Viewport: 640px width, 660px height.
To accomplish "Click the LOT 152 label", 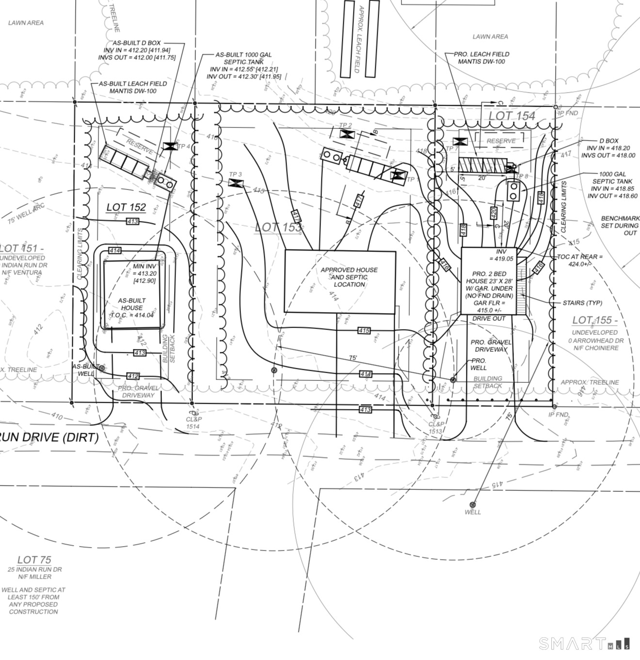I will (126, 207).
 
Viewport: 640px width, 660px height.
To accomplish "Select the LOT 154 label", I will (512, 116).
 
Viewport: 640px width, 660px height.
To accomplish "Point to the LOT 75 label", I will (34, 560).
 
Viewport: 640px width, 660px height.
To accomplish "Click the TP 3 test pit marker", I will (236, 183).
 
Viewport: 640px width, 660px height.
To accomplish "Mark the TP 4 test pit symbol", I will (170, 146).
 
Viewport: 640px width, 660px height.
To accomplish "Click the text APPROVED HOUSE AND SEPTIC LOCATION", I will (349, 277).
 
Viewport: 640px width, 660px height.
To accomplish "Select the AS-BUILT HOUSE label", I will (132, 304).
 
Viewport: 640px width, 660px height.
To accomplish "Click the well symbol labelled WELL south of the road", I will (473, 505).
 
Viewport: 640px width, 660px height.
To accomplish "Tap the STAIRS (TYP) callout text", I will (582, 303).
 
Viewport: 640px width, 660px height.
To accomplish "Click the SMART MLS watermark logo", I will (584, 644).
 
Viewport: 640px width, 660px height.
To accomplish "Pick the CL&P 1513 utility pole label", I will (435, 427).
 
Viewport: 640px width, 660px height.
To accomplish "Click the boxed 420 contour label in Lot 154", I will (494, 213).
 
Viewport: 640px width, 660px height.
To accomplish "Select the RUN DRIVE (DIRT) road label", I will (49, 437).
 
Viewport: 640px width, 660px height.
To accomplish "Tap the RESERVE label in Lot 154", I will (501, 141).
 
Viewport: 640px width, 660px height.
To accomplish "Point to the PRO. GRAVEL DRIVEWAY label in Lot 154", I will (491, 346).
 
